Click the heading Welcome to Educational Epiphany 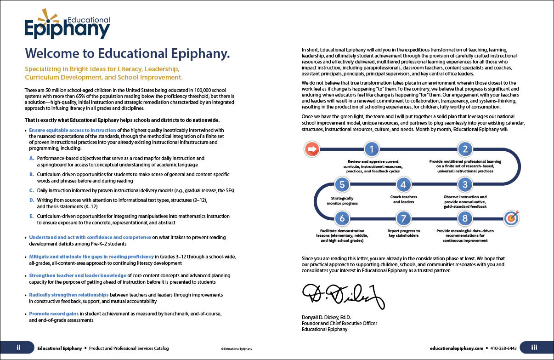point(127,53)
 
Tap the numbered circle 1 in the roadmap point(372,149)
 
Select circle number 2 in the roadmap point(465,149)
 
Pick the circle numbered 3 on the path point(465,185)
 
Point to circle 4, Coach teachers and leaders point(403,185)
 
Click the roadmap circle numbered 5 point(342,185)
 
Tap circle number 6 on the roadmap point(342,218)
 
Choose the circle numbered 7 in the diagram point(403,218)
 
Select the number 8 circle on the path point(465,218)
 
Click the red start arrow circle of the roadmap point(312,149)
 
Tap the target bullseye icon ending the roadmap point(511,218)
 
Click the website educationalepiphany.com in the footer point(457,349)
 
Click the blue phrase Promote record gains point(54,314)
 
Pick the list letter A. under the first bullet point(32,158)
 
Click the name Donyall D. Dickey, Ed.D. point(326,318)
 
